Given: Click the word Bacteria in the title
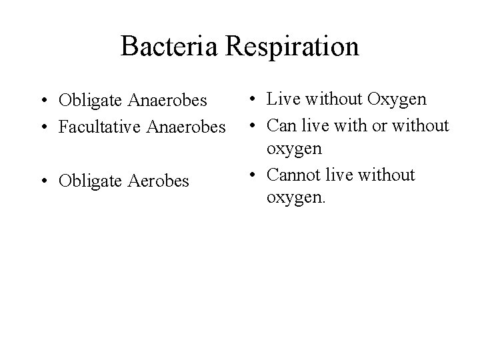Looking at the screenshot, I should pos(171,47).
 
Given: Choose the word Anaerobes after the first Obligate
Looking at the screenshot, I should pos(171,101).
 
